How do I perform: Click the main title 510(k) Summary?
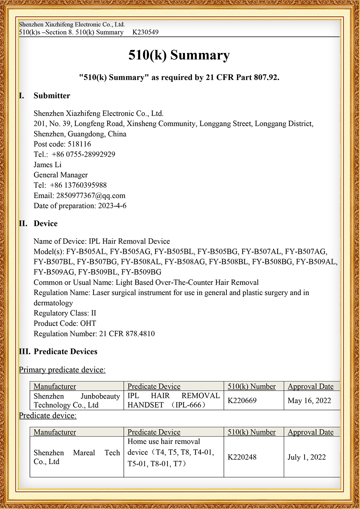179,55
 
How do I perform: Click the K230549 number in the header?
145,32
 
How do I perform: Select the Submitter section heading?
52,96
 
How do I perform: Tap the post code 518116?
79,144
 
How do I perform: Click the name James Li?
48,165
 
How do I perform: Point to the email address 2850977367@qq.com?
91,196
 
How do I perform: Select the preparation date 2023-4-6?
112,206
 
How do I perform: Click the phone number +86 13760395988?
78,185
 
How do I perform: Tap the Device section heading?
45,223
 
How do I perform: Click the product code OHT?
88,323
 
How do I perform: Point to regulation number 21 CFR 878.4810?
127,334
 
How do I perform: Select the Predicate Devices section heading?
65,351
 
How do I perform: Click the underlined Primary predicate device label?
62,370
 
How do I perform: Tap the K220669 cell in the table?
242,400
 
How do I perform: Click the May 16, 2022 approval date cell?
309,400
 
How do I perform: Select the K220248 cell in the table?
242,457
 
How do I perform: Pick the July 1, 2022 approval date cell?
306,457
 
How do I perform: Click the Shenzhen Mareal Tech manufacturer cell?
76,457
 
